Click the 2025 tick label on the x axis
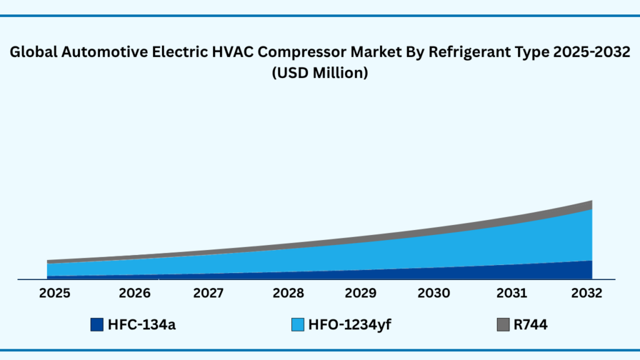54,293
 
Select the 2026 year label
135,293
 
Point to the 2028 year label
288,293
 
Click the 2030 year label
434,293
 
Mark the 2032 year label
586,293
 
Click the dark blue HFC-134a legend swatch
96,324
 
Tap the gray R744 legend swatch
503,324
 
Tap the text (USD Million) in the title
319,72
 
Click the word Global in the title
31,53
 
